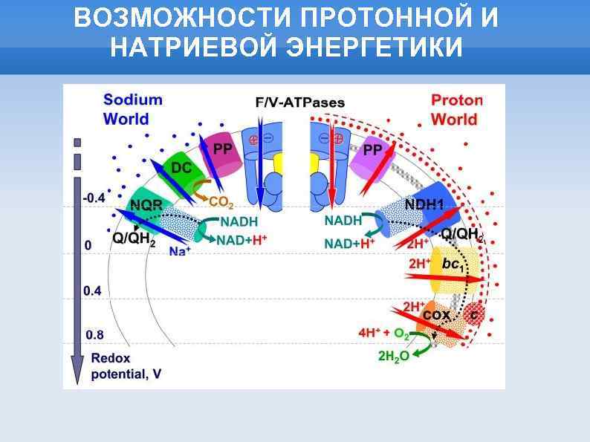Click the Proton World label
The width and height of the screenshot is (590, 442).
(x=456, y=109)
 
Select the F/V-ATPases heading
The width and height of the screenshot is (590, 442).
(x=299, y=103)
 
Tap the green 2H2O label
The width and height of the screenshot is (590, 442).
(x=393, y=357)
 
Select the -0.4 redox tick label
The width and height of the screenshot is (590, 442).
(x=94, y=198)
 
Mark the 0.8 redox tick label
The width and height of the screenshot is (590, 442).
(x=94, y=334)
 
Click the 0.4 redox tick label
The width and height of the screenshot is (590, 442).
(x=92, y=290)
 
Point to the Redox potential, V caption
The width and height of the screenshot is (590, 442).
(x=126, y=366)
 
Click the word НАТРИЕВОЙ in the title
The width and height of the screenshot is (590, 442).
(x=193, y=46)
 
